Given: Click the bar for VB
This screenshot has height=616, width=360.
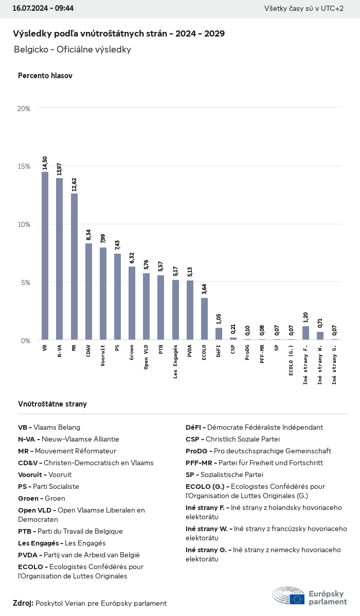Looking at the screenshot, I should (x=45, y=256).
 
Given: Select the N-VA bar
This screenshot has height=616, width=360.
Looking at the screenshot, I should (x=59, y=259).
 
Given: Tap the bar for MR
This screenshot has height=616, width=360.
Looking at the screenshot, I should (x=74, y=267).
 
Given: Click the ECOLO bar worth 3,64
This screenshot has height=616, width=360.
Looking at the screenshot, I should (x=204, y=319).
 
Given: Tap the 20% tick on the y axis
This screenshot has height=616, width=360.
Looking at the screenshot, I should (x=24, y=109).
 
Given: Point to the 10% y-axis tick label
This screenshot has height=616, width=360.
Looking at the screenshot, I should (x=24, y=224).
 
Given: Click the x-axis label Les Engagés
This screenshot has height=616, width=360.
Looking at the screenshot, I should (x=175, y=362).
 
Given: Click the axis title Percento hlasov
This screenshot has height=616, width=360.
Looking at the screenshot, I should (x=45, y=76).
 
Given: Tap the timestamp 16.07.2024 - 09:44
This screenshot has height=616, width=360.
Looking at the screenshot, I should (x=43, y=9).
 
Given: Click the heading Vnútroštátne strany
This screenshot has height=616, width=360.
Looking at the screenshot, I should (x=52, y=404).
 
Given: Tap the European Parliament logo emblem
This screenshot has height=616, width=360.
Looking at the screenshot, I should (x=289, y=595).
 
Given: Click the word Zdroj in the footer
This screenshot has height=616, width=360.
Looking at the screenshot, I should (x=23, y=603).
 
